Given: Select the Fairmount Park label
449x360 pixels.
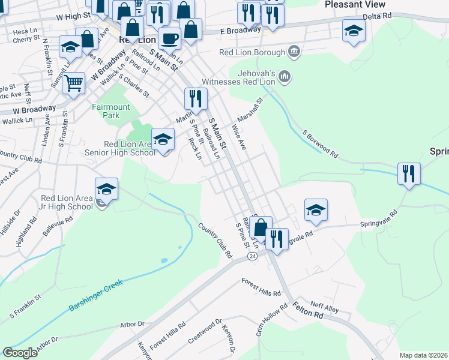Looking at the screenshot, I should click(x=110, y=111).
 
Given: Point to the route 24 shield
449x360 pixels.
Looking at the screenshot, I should click(x=252, y=256).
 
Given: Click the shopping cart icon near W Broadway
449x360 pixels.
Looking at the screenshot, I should click(x=74, y=83).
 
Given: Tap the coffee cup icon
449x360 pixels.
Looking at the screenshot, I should click(x=170, y=38).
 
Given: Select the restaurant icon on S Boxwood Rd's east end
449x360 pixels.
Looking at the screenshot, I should click(x=409, y=174).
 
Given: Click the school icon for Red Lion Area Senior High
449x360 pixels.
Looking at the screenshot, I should click(x=162, y=140).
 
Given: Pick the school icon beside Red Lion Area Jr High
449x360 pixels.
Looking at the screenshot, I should click(x=106, y=188).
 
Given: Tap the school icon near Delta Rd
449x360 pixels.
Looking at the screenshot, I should click(x=354, y=30).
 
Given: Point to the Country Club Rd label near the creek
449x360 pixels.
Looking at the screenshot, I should click(x=215, y=240).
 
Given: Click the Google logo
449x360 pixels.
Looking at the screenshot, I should click(x=20, y=353).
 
